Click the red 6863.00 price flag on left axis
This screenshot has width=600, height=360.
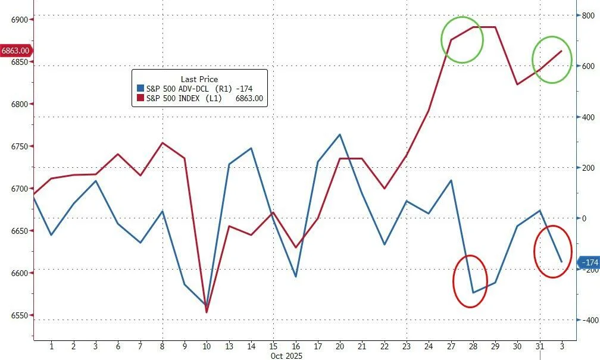pos(16,51)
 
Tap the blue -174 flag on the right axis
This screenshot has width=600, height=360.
pos(589,262)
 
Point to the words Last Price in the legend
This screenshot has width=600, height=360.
pos(199,79)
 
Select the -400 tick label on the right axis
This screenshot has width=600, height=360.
pos(587,320)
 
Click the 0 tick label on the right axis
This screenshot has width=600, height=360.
pos(583,218)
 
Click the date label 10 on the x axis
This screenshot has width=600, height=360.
pos(207,346)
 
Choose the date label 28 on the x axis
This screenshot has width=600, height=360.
pos(473,346)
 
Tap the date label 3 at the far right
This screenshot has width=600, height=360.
pos(561,346)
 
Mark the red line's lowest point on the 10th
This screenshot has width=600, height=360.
pos(207,312)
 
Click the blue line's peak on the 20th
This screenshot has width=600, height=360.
pos(340,134)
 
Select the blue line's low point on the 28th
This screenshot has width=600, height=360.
pos(473,292)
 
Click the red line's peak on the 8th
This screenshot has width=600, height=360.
pos(162,143)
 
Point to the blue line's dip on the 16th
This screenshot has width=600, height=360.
pos(296,277)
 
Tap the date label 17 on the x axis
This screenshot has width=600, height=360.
pos(318,346)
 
